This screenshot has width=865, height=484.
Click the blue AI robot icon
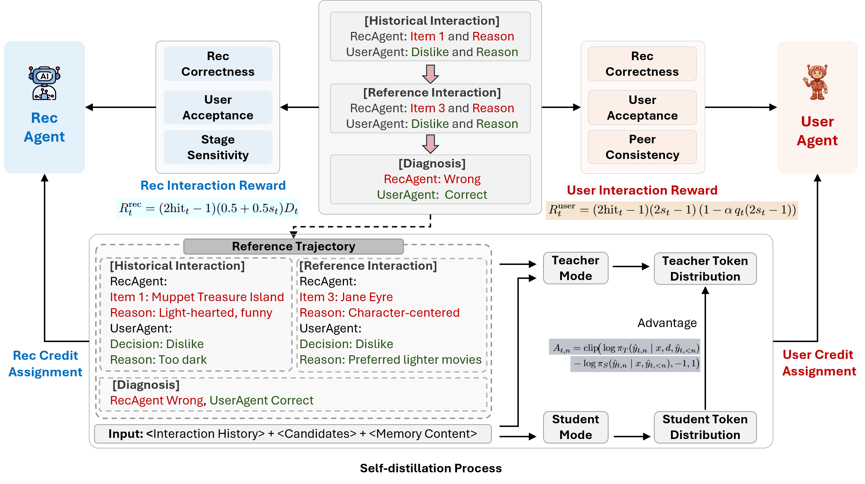pos(44,83)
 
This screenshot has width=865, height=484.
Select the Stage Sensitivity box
pos(218,147)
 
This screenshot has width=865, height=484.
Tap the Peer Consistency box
pos(642,147)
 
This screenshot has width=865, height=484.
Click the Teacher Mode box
pos(576,268)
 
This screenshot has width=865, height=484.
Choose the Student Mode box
pos(576,427)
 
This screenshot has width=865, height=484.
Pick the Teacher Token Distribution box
pos(705,269)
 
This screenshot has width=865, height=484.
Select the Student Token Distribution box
pos(705,427)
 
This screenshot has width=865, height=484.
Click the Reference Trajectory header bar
pos(293,246)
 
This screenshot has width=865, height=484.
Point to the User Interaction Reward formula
pos(672,211)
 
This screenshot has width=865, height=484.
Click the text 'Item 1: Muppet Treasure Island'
pos(197,297)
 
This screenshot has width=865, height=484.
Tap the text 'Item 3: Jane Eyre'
pos(346,297)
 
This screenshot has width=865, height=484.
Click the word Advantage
pos(667,323)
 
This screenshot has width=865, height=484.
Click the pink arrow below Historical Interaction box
pos(431,74)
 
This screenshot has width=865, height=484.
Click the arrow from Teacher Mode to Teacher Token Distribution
pos(631,267)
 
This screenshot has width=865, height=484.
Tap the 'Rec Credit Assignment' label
pos(45,363)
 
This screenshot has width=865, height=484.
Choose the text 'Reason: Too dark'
pos(158,360)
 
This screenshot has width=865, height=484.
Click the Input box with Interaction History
pos(293,434)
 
